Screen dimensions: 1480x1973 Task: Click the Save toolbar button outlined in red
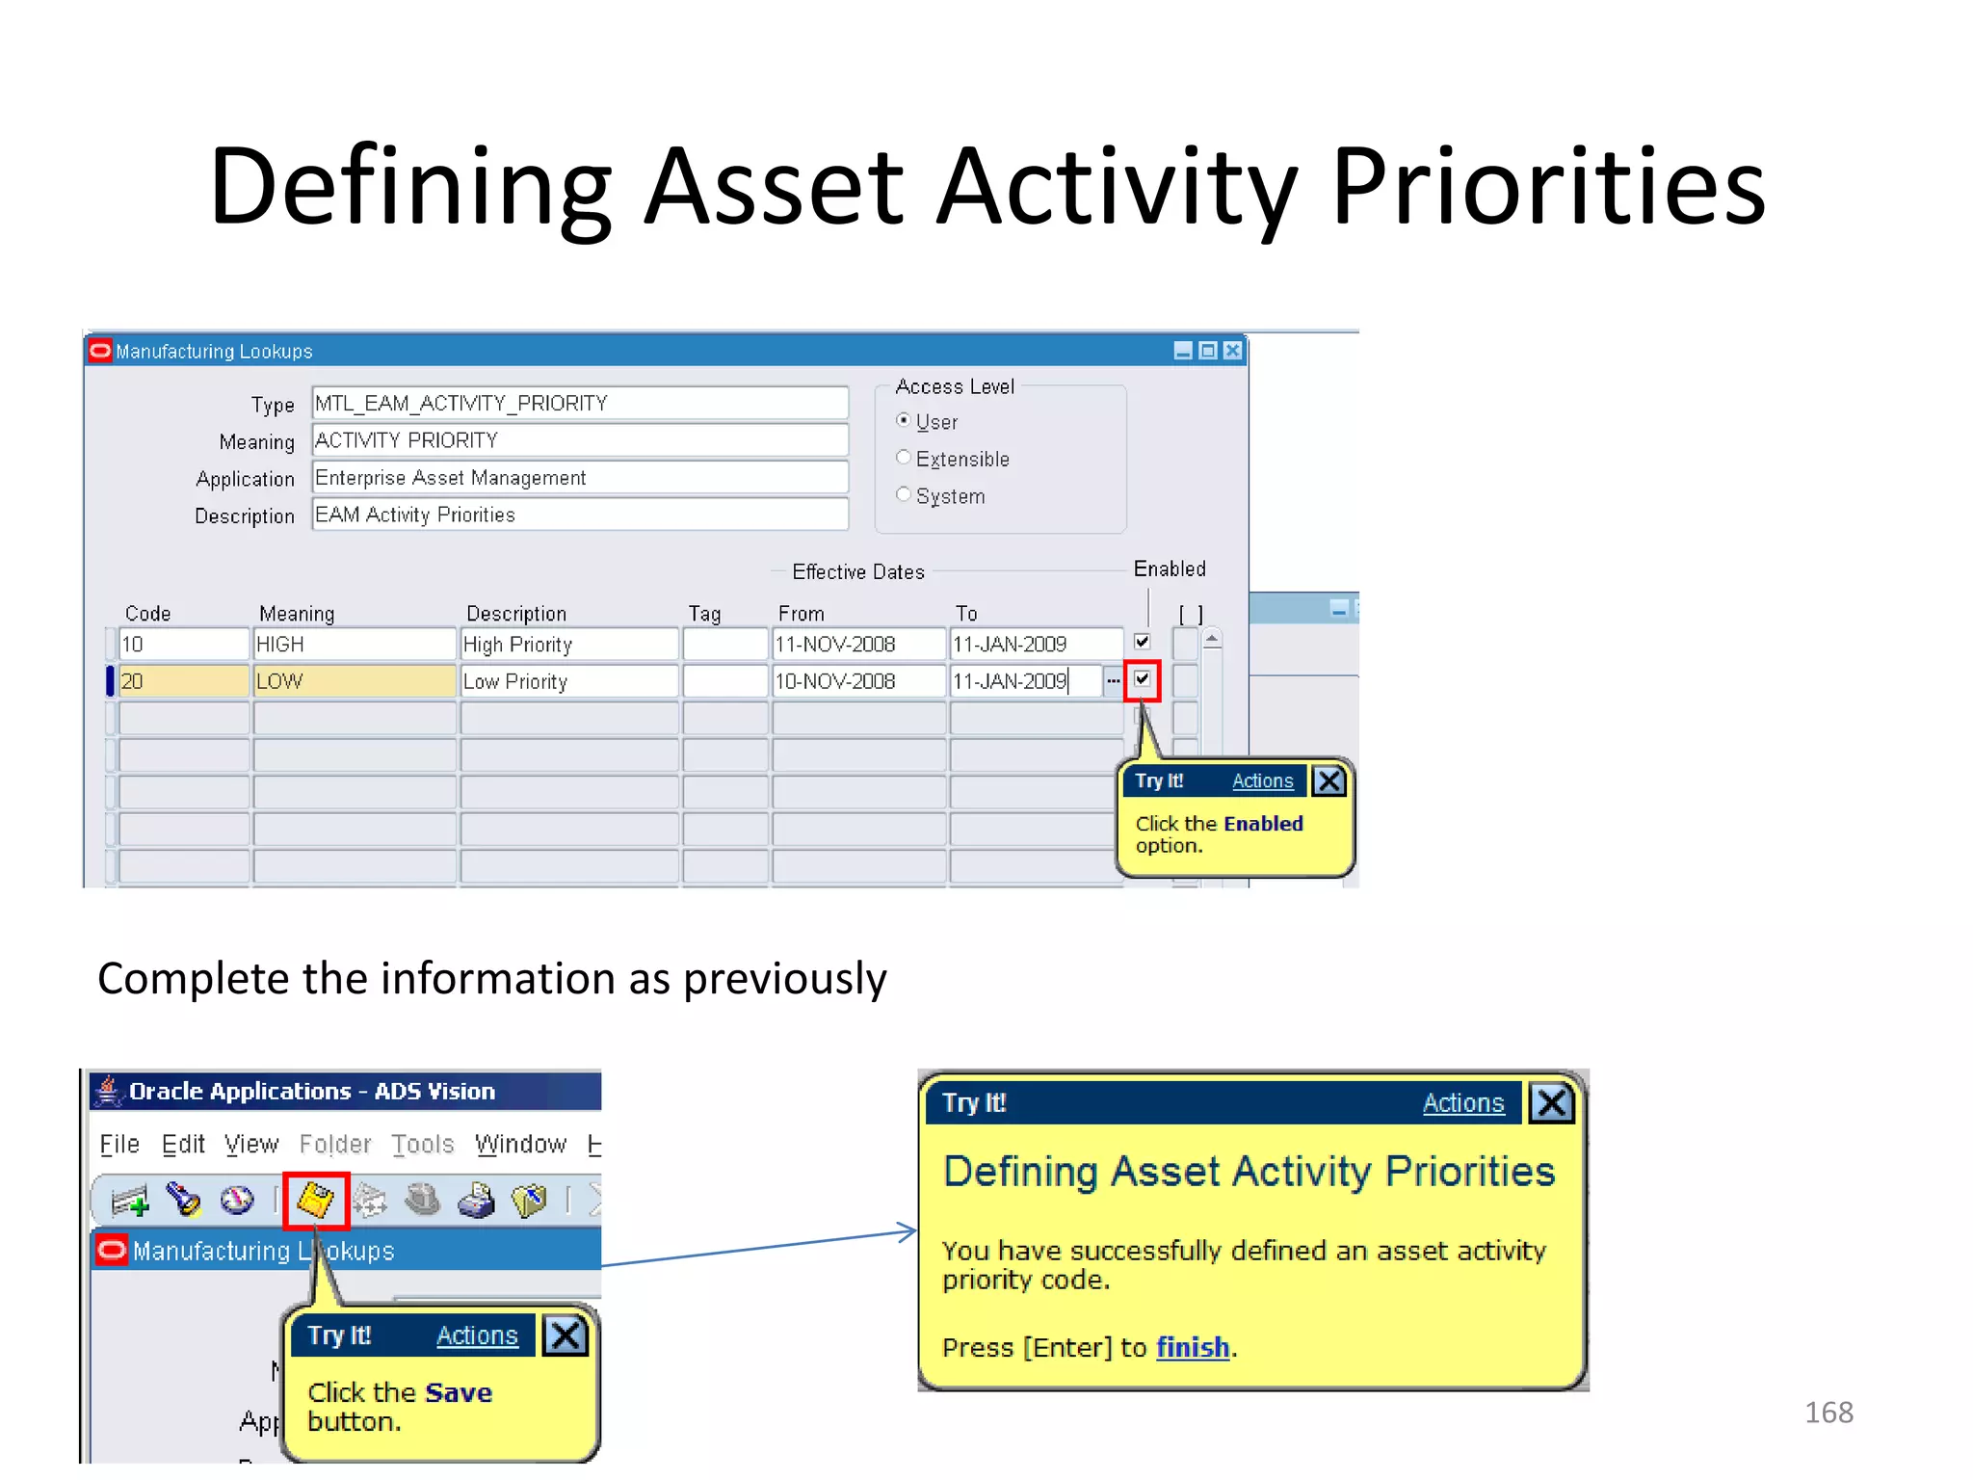[315, 1201]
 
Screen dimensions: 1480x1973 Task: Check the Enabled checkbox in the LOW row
[1142, 679]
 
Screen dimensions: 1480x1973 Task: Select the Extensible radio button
[903, 458]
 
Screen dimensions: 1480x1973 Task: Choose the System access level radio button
[903, 495]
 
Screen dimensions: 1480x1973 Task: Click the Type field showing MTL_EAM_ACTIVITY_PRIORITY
[579, 403]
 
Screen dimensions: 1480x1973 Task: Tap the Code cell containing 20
[182, 681]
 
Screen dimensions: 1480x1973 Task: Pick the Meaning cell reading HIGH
[353, 644]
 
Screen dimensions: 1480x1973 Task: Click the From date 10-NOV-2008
[856, 681]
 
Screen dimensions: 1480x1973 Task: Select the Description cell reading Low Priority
[567, 681]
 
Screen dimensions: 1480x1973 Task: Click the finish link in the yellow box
[1192, 1347]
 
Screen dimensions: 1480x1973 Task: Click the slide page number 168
[1828, 1413]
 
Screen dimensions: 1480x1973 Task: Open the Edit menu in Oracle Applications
[183, 1145]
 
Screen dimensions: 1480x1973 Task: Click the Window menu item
[520, 1145]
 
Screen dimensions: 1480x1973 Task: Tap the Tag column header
[704, 614]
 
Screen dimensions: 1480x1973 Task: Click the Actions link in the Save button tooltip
[477, 1335]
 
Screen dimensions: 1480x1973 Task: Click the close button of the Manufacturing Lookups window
[1232, 351]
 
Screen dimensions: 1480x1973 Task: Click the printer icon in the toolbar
[476, 1201]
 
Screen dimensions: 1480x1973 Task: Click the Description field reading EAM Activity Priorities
[579, 515]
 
